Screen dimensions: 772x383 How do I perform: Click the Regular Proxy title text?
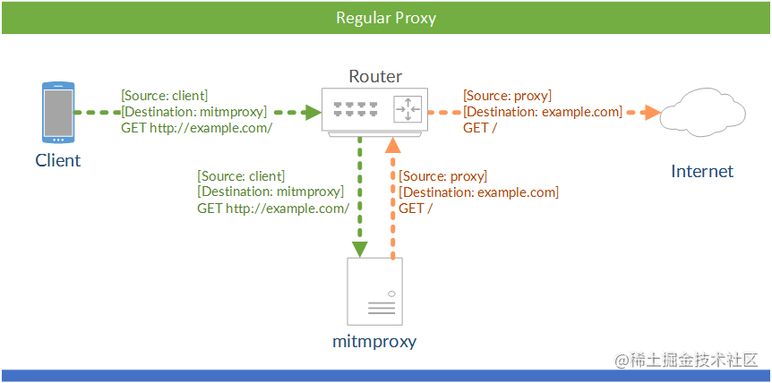tap(386, 18)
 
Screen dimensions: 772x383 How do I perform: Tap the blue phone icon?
tap(58, 113)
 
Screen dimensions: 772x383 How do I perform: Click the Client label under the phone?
tap(57, 160)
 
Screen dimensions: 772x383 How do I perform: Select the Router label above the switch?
tap(375, 76)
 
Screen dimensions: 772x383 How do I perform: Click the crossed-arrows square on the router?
tap(408, 109)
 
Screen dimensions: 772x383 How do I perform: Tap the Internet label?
tap(702, 171)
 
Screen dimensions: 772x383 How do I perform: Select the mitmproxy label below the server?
tap(374, 341)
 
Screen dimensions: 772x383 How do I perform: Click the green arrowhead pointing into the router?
tap(313, 113)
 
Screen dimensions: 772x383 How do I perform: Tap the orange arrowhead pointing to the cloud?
tap(652, 113)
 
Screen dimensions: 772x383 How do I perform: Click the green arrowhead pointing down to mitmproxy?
tap(360, 250)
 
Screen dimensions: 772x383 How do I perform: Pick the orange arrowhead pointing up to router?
tap(392, 145)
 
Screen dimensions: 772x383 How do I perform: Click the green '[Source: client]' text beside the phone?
tap(165, 96)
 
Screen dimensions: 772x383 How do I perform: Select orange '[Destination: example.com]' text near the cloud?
tap(543, 112)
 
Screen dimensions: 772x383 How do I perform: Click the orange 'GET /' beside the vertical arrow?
tap(416, 209)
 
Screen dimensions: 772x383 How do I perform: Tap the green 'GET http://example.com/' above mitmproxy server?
tap(273, 209)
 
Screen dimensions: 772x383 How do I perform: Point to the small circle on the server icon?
tap(391, 294)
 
